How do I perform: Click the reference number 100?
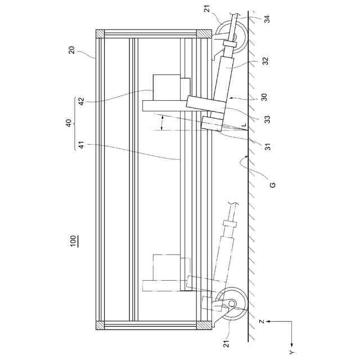pos(74,241)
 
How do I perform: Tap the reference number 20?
pos(72,49)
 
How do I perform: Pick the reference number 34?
pos(267,19)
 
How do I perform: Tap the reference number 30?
pos(264,96)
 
